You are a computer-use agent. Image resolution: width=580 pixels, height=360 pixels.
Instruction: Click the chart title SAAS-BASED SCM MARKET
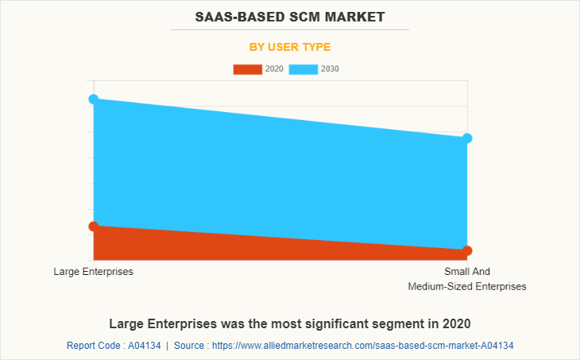(x=290, y=15)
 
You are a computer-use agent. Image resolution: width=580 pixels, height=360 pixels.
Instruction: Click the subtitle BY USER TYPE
(x=290, y=47)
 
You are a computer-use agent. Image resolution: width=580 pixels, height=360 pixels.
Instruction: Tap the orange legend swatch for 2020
(x=247, y=69)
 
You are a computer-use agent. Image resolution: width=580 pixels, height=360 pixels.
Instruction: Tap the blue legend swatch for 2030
(x=304, y=69)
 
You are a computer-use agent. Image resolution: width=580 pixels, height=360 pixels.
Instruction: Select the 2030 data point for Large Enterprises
(x=94, y=99)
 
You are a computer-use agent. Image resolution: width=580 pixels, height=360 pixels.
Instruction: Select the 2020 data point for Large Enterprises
(x=94, y=226)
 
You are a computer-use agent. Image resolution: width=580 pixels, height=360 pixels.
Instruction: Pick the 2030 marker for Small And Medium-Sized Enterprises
(x=467, y=138)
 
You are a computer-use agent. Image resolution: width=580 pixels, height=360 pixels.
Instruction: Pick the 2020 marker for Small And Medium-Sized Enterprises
(x=467, y=251)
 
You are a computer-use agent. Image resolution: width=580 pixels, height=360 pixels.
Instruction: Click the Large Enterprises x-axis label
(x=94, y=272)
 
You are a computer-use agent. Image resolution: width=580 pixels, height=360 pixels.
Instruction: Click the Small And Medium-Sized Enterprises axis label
(x=467, y=279)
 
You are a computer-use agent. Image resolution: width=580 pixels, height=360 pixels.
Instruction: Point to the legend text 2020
(x=274, y=69)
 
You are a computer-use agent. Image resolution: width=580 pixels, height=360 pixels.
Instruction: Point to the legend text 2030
(x=330, y=69)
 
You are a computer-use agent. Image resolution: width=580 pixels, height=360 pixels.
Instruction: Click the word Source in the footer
(x=190, y=346)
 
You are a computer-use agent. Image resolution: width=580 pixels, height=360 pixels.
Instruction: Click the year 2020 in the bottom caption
(x=456, y=324)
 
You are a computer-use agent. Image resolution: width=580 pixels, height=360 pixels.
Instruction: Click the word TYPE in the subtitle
(x=315, y=47)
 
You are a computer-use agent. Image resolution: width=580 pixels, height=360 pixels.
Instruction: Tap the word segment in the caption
(x=402, y=324)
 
